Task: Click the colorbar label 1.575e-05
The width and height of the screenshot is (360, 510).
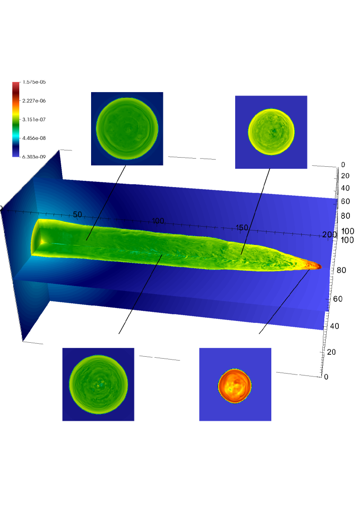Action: pyautogui.click(x=34, y=82)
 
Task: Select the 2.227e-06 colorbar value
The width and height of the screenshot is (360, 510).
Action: pyautogui.click(x=34, y=101)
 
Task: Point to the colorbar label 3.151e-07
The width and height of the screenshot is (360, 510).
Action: pyautogui.click(x=34, y=120)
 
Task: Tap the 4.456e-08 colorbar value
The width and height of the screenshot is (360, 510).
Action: pyautogui.click(x=34, y=138)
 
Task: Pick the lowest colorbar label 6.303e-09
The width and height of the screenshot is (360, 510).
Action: pyautogui.click(x=34, y=157)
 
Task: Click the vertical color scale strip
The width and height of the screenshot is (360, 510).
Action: pyautogui.click(x=16, y=120)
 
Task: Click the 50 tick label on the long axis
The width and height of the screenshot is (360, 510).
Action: pyautogui.click(x=78, y=215)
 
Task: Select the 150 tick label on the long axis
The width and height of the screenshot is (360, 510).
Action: pyautogui.click(x=241, y=228)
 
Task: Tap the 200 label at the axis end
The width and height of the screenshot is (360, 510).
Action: pyautogui.click(x=330, y=234)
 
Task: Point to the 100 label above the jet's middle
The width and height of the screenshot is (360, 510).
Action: pyautogui.click(x=158, y=221)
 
